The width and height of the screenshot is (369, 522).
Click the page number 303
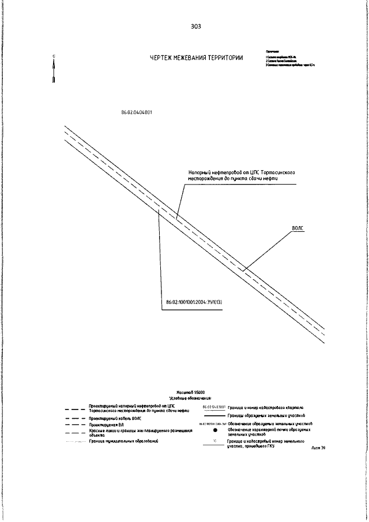click(195, 26)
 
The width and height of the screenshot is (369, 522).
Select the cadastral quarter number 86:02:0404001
click(137, 113)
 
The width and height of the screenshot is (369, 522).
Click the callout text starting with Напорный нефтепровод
click(242, 175)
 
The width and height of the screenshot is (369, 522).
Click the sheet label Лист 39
click(318, 447)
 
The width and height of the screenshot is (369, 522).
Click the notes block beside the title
click(288, 58)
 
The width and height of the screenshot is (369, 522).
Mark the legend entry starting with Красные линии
click(124, 432)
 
